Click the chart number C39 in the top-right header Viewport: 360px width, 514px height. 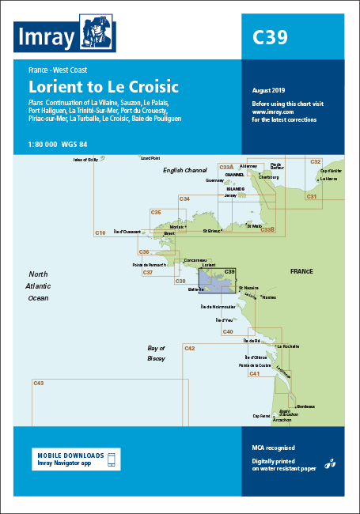269,37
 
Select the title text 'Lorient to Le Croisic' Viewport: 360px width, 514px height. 104,85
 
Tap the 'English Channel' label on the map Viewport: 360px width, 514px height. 184,170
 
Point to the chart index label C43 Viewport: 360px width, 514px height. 38,384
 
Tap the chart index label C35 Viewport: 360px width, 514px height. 157,212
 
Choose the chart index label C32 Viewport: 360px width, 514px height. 316,161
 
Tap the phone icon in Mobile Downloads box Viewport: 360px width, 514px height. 112,459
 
